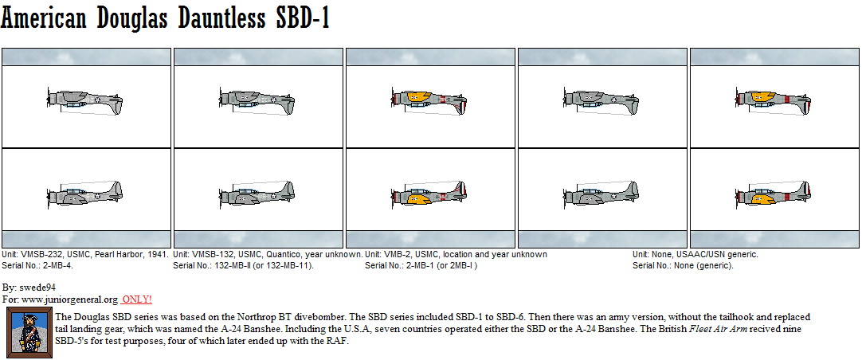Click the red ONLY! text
[x=136, y=299]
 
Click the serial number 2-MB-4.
[x=57, y=265]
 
